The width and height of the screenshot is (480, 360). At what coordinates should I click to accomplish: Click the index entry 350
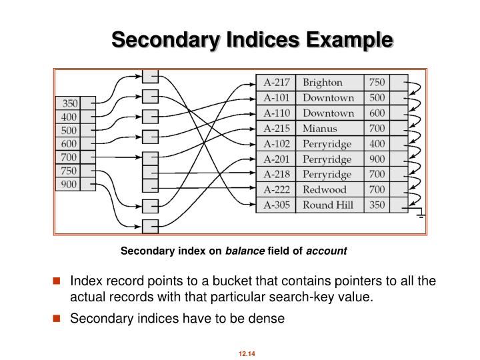69,103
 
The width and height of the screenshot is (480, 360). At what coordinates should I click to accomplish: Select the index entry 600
69,144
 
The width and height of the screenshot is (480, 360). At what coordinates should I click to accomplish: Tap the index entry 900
69,185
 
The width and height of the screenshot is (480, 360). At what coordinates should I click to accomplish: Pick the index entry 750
69,171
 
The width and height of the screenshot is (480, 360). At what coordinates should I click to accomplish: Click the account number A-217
276,83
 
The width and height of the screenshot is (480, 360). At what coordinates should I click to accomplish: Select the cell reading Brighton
323,83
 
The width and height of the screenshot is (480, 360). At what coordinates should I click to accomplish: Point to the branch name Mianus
320,129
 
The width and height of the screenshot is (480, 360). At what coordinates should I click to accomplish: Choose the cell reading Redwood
325,189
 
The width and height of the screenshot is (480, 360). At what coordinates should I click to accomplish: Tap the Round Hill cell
328,205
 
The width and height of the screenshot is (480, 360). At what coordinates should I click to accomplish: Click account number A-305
276,205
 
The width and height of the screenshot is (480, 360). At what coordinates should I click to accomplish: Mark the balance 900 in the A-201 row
377,159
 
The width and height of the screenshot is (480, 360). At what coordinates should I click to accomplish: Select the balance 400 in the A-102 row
377,144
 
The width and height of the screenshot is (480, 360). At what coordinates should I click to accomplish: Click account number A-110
276,113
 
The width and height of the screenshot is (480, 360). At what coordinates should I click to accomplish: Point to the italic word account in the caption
327,251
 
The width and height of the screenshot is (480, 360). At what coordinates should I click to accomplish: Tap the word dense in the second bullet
268,319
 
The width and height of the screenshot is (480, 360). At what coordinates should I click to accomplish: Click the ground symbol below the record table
421,216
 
